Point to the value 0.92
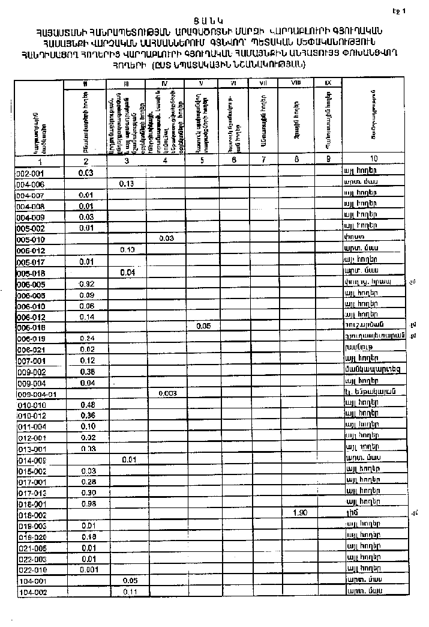tap(88, 283)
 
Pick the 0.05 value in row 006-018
tap(203, 327)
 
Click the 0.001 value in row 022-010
tap(88, 569)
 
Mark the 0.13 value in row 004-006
tap(127, 184)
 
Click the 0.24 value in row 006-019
tap(88, 338)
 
